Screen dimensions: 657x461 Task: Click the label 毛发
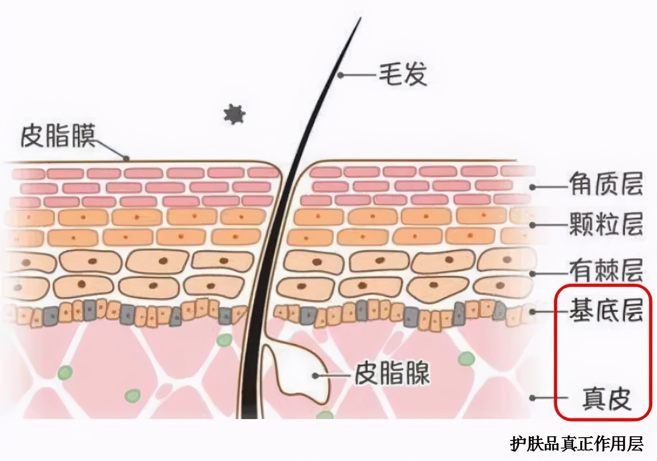point(403,75)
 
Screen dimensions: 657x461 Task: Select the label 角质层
point(606,184)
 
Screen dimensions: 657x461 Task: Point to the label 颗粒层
point(606,224)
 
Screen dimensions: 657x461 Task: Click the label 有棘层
point(606,271)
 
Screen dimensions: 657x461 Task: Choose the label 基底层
point(606,310)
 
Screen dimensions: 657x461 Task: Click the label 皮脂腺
point(392,374)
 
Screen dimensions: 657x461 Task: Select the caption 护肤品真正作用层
point(576,444)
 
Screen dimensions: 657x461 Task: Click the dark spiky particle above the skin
point(235,114)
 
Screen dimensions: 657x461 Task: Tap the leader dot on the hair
point(340,75)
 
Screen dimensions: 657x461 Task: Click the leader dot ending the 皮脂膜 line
point(126,159)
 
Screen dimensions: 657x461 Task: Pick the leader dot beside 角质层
point(533,187)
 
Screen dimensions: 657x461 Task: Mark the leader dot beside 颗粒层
point(533,225)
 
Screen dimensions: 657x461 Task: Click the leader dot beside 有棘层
point(533,273)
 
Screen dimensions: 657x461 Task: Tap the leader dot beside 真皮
point(533,398)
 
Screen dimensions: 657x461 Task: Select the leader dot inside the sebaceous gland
point(315,375)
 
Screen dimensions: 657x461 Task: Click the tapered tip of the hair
point(360,18)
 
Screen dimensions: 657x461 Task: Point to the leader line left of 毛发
point(359,75)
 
